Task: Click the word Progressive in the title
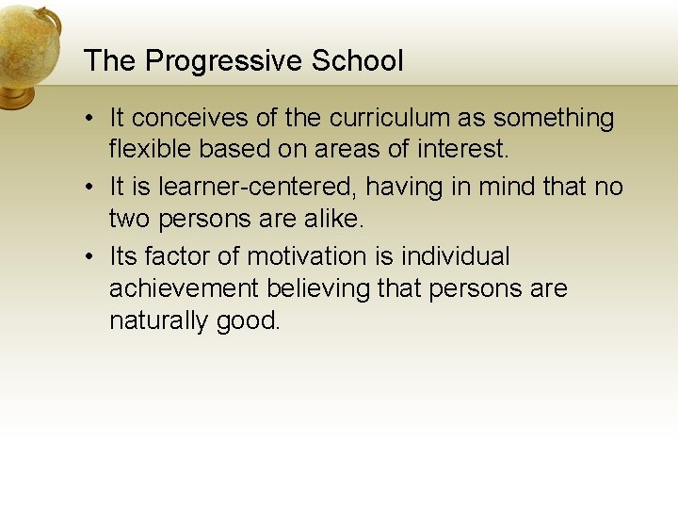(224, 62)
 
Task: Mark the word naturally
(158, 320)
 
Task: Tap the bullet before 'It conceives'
(86, 119)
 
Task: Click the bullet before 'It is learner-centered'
(86, 188)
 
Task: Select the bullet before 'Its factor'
(86, 256)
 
